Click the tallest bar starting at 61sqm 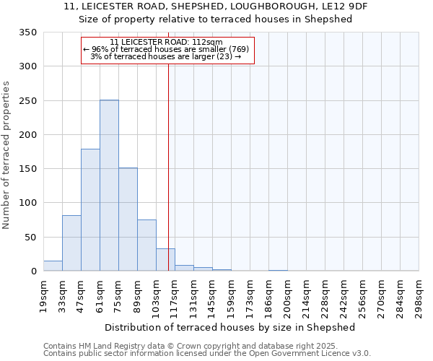pyautogui.click(x=109, y=186)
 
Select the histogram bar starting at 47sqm pyautogui.click(x=90, y=210)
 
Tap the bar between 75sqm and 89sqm pyautogui.click(x=128, y=219)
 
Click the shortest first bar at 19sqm pyautogui.click(x=53, y=266)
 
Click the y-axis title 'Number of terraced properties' pyautogui.click(x=6, y=155)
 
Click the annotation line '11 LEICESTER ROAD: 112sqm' pyautogui.click(x=167, y=42)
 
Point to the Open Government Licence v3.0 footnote pyautogui.click(x=207, y=354)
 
